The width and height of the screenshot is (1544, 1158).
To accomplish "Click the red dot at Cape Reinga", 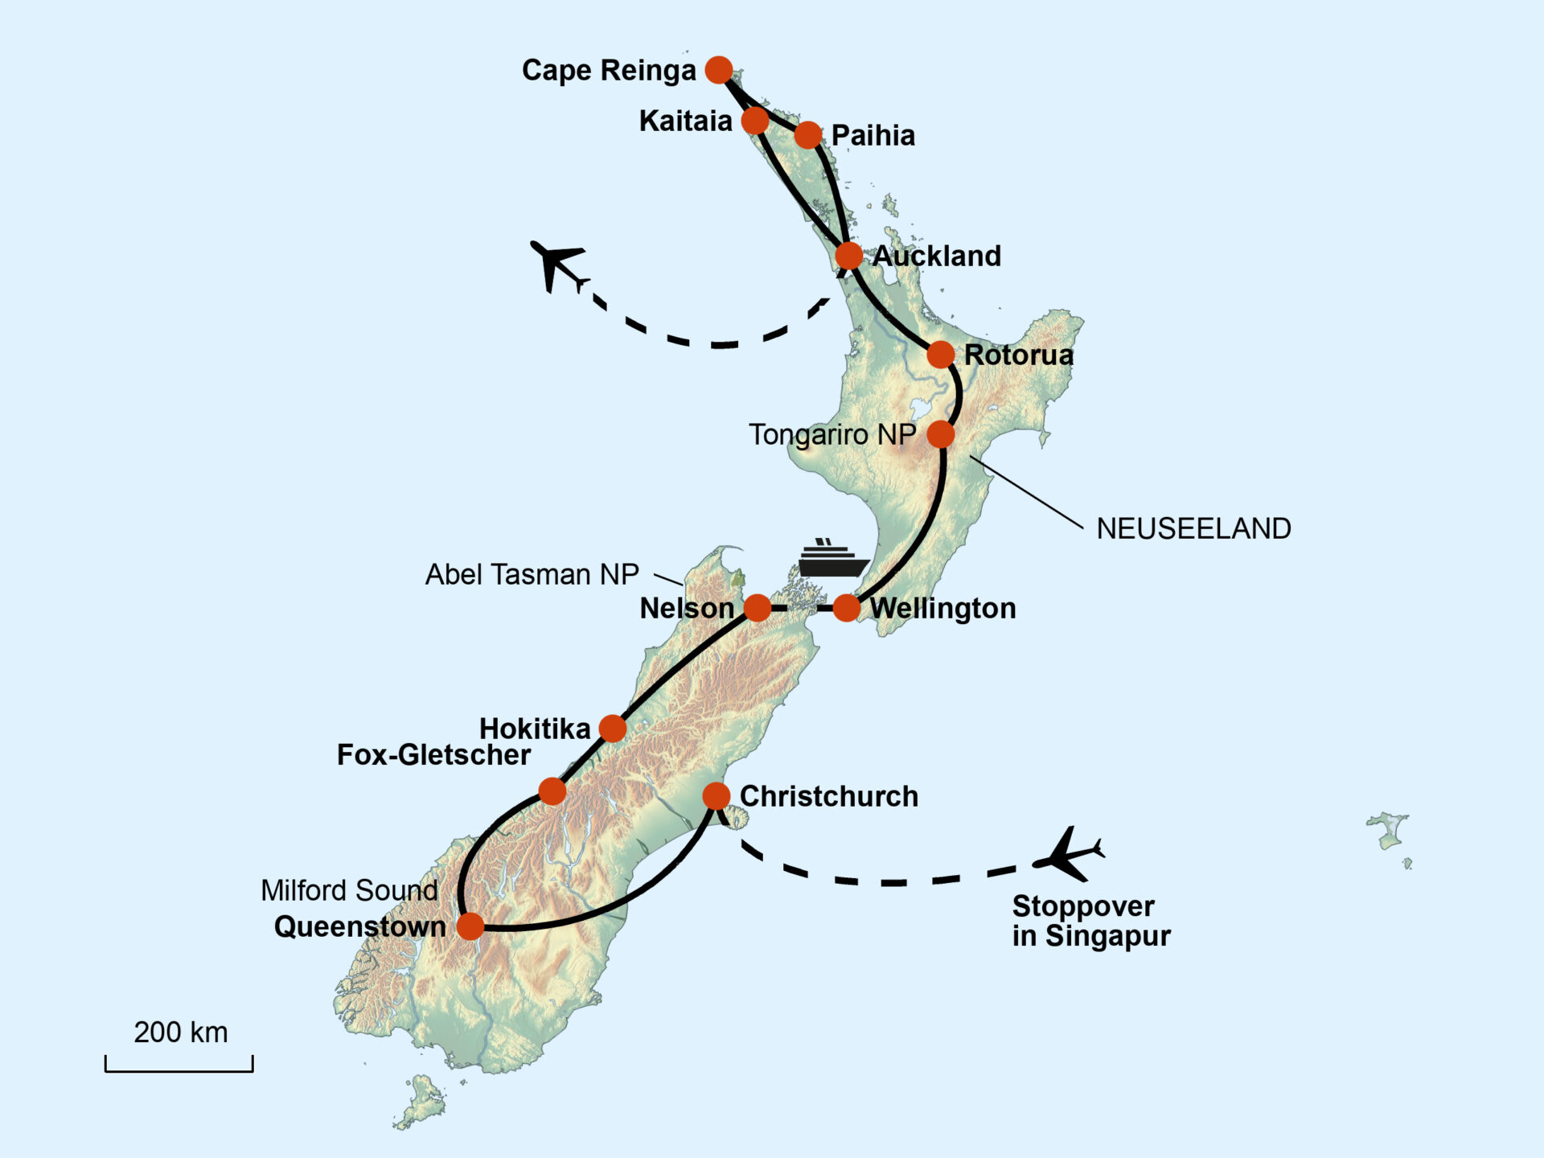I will tap(719, 70).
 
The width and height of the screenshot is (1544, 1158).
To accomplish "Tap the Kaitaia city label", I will tap(685, 121).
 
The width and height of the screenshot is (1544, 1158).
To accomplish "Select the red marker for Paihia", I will tap(808, 135).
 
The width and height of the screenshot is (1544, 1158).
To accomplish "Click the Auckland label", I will tap(937, 257).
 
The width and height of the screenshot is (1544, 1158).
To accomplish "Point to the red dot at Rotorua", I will tap(941, 354).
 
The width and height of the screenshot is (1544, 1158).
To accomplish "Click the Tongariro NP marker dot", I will tap(941, 434).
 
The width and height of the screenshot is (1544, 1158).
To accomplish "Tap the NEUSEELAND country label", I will tap(1193, 528).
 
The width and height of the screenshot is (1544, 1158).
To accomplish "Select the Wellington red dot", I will tap(847, 608).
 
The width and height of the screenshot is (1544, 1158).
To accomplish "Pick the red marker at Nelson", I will tap(758, 608).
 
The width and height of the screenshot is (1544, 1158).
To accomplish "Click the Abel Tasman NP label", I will tap(532, 575).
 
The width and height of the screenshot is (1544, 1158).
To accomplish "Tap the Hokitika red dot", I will tap(613, 729).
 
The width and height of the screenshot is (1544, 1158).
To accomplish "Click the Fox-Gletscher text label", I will tap(433, 755).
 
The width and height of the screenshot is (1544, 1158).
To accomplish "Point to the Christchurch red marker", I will tap(717, 796).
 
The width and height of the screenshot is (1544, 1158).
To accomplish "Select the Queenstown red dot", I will tap(470, 926).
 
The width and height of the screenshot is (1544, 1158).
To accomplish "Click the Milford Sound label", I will tap(349, 890).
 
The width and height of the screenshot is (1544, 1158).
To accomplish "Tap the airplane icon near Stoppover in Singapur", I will tap(1068, 854).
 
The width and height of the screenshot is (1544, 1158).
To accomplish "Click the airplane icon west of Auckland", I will tap(557, 265).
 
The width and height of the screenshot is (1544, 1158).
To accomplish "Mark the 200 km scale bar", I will tap(179, 1065).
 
